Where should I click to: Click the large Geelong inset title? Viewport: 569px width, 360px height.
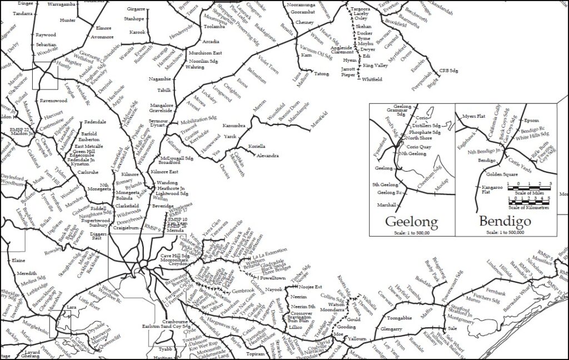coord(411,222)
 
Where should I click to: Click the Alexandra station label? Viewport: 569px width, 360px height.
coord(267,156)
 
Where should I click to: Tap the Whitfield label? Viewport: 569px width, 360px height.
coord(371,79)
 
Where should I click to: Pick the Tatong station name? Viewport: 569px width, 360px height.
coord(322,74)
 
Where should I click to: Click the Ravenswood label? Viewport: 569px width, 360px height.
coord(54,101)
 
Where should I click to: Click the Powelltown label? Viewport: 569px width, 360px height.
coord(272,277)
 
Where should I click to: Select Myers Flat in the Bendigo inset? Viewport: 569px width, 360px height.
coord(474,116)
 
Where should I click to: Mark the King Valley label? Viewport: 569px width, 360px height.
coord(375,66)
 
